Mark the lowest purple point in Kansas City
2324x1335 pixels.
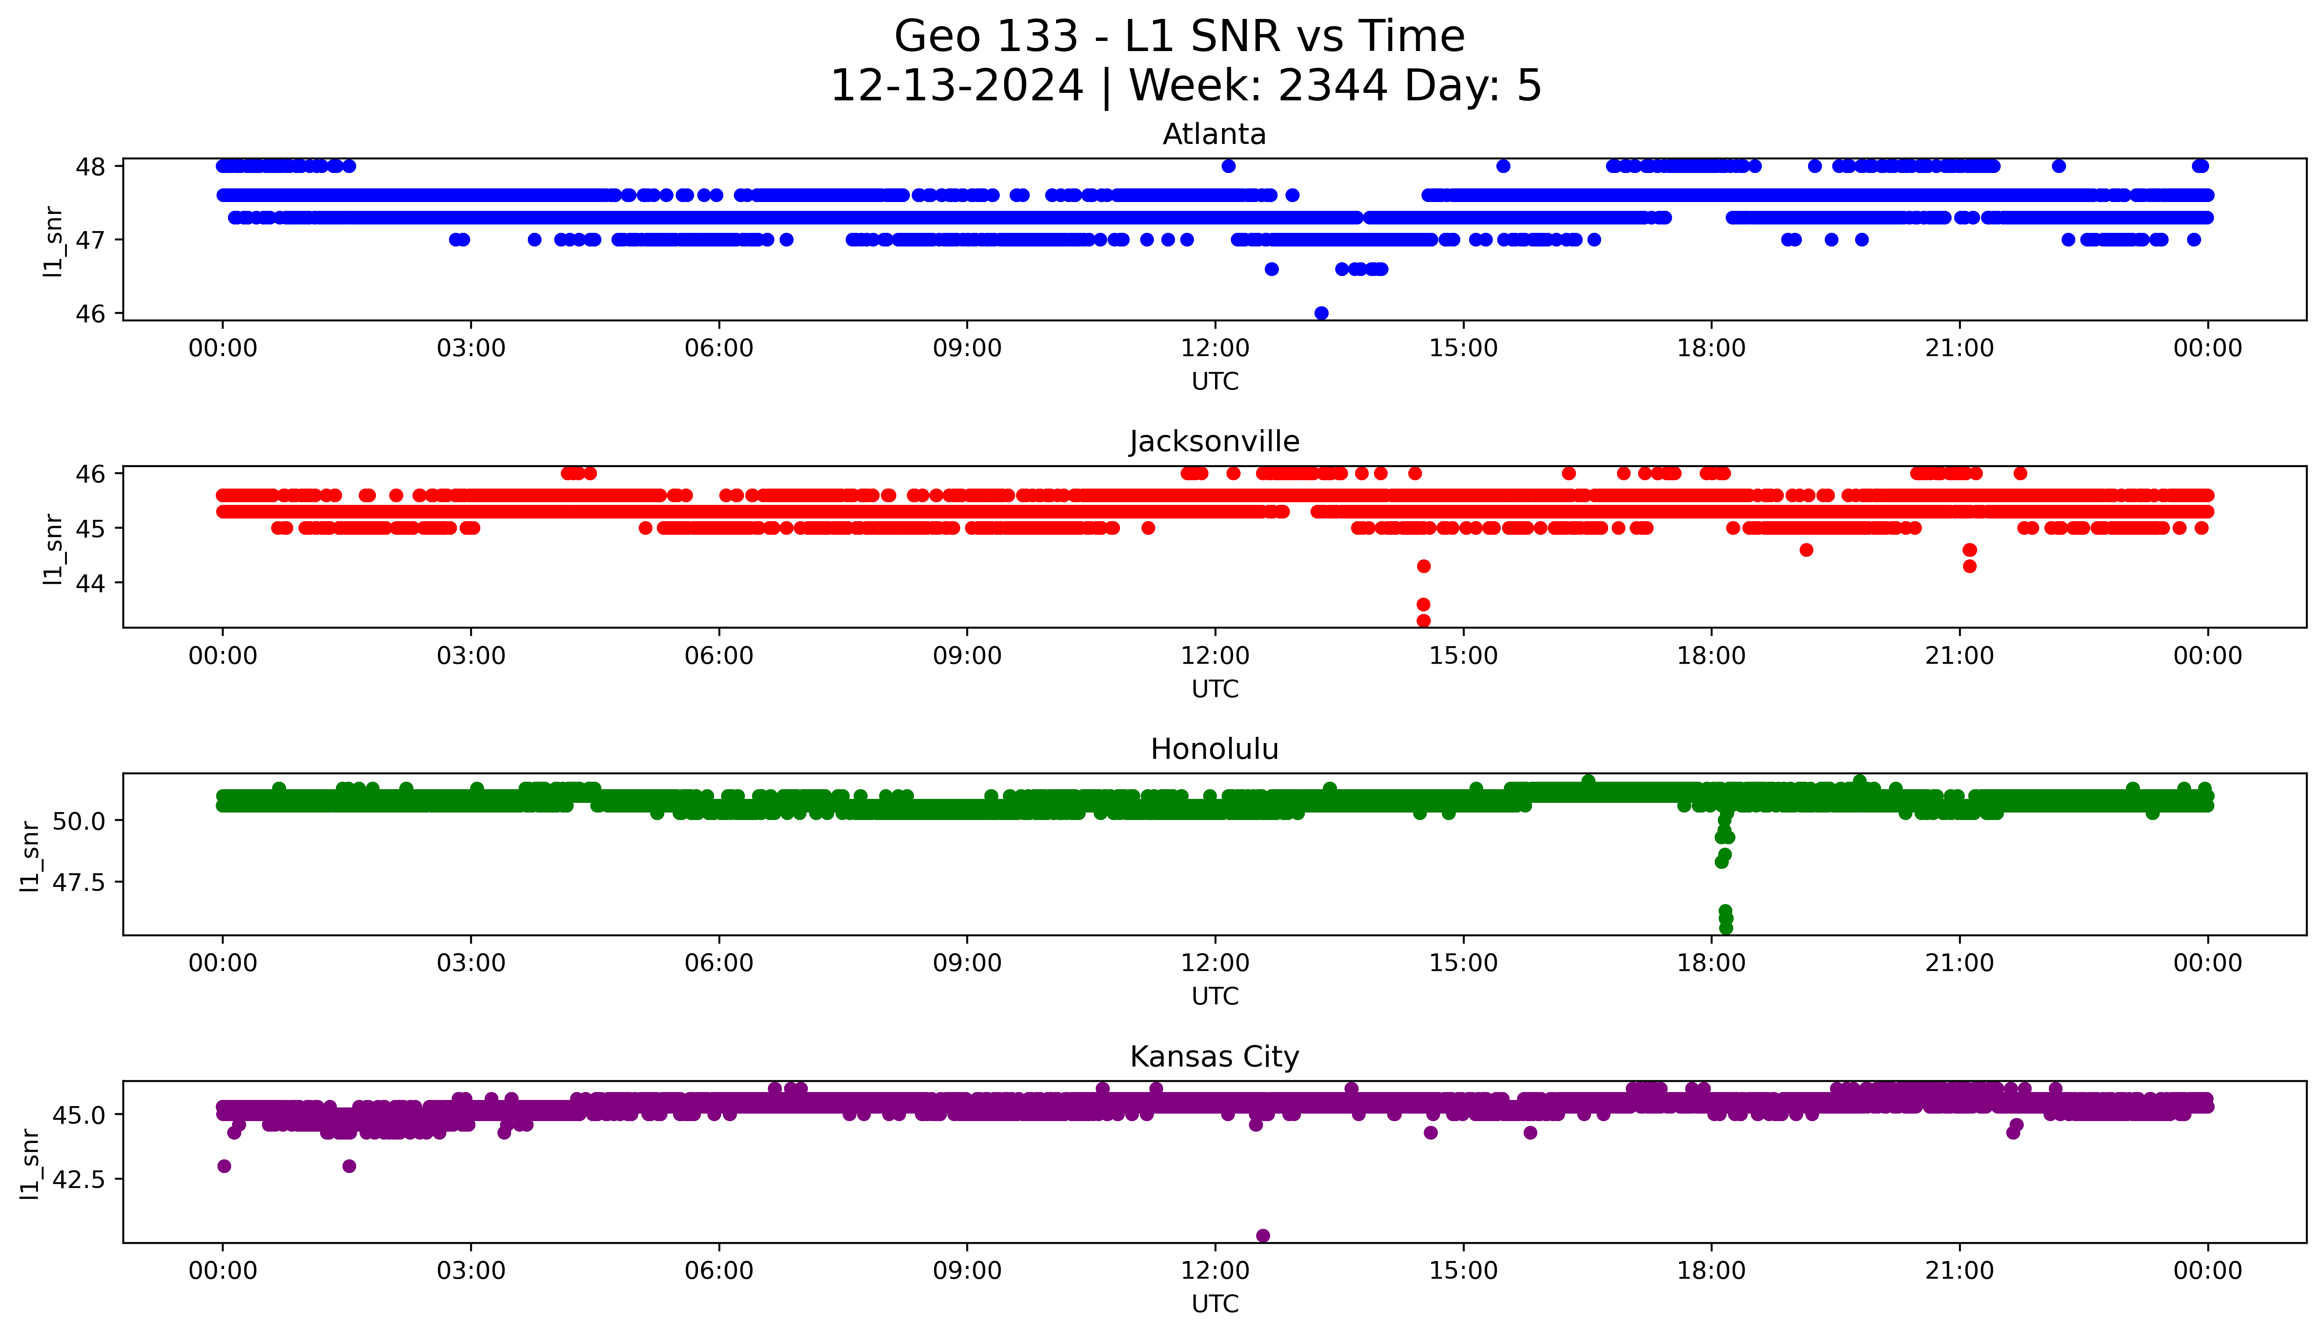click(1263, 1235)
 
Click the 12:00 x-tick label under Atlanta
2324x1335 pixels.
click(1215, 349)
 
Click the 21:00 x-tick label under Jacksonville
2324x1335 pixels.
click(1959, 655)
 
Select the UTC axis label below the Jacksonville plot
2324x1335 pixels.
click(1215, 688)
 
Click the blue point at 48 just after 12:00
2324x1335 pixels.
click(1228, 166)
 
